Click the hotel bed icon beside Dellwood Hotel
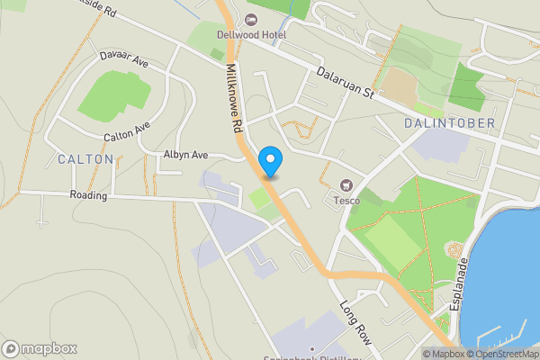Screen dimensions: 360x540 (251, 19)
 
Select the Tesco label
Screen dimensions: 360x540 (348, 199)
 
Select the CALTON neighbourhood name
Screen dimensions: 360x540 (85, 159)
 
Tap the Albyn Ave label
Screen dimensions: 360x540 (185, 155)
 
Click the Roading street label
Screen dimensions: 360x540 (89, 194)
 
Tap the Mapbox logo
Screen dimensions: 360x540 (40, 348)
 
